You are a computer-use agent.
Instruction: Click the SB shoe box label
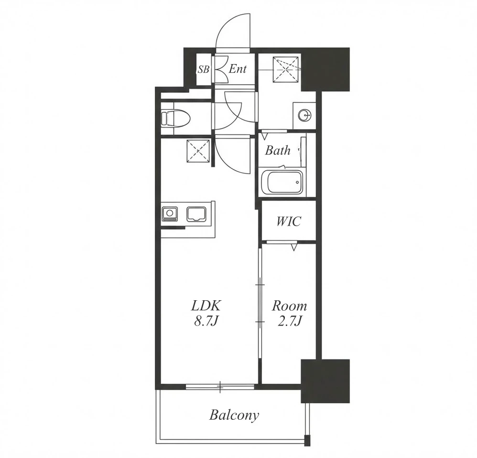coord(204,70)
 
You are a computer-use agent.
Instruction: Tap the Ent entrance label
coord(237,69)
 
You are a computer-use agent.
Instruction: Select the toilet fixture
coord(175,118)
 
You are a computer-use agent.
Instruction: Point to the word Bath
coord(277,150)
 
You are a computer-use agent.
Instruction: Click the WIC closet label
coord(288,221)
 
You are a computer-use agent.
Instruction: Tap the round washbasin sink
coord(304,115)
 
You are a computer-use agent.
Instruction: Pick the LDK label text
coord(206,305)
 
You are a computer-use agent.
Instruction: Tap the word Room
coord(289,305)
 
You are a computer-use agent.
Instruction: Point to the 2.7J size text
coord(289,321)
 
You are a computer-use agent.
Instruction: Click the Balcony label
coord(234,415)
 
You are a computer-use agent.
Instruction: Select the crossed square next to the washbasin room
coord(286,69)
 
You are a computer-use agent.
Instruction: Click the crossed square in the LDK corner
coord(198,151)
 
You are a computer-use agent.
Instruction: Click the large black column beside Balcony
coord(325,381)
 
